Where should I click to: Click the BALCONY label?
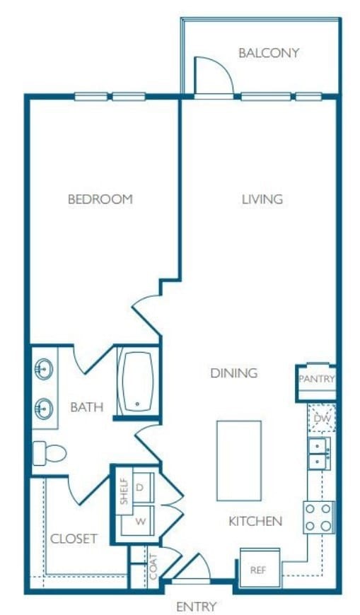pyautogui.click(x=268, y=53)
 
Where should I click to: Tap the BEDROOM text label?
pyautogui.click(x=100, y=199)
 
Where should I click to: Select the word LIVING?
pyautogui.click(x=262, y=199)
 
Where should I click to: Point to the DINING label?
pyautogui.click(x=233, y=373)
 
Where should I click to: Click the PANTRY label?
pyautogui.click(x=315, y=379)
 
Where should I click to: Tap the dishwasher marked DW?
pyautogui.click(x=322, y=419)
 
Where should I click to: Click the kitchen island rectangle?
pyautogui.click(x=238, y=460)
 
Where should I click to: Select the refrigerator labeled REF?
pyautogui.click(x=258, y=567)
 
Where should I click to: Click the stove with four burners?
pyautogui.click(x=318, y=517)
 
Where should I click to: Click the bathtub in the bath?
pyautogui.click(x=137, y=382)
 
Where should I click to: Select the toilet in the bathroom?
pyautogui.click(x=50, y=452)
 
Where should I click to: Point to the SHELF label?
pyautogui.click(x=124, y=491)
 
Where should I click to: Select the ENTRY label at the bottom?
pyautogui.click(x=196, y=606)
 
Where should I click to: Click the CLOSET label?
pyautogui.click(x=74, y=539)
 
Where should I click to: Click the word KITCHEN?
pyautogui.click(x=255, y=522)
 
